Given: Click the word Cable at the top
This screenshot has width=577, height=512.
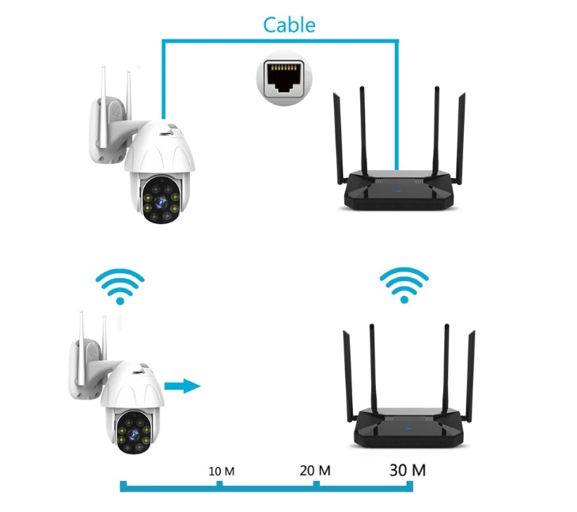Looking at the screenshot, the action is pos(289,25).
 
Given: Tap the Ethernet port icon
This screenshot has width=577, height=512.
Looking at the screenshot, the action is pos(284,78).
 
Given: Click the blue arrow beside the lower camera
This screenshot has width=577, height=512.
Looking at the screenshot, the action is pos(182,386).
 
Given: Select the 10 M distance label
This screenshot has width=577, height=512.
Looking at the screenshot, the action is pos(222,471).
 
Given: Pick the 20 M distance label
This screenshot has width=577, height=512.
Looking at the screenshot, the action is pos(315,470).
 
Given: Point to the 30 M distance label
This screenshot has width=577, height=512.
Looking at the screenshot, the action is pos(408,470).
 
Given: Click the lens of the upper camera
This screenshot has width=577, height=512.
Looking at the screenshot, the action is pos(161,201).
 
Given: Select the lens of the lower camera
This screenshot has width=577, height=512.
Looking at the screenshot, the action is pos(133,434).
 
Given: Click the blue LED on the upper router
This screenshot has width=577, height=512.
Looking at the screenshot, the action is pos(398,191).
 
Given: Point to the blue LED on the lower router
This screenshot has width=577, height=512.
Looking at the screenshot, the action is pos(408,428).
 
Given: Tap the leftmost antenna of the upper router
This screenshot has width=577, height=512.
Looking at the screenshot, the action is pos(338,138).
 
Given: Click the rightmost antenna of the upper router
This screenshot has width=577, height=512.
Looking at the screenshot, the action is pos(461,138).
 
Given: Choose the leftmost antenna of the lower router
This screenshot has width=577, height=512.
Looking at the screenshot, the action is pos(348,376).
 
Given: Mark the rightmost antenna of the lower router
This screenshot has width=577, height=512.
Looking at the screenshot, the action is pos(470,376).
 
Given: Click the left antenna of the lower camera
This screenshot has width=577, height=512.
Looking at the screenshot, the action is pos(81,347).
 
